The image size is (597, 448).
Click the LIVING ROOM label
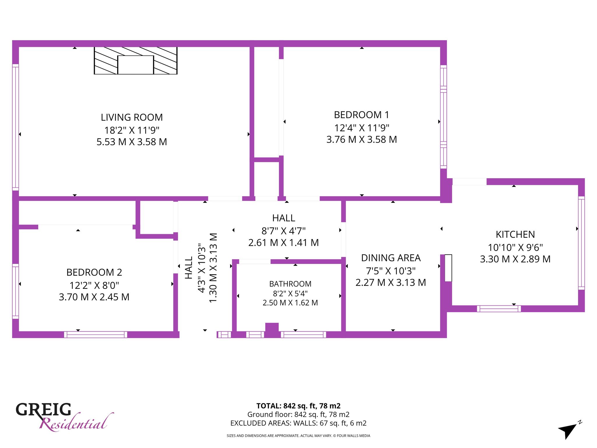(132, 117)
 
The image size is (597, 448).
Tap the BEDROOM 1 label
(361, 115)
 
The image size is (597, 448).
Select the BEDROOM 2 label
(94, 272)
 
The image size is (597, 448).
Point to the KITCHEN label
(515, 235)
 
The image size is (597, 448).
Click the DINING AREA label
(391, 258)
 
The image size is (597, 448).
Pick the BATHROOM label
(290, 284)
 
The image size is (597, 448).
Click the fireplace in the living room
(136, 61)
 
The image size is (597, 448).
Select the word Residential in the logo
(76, 422)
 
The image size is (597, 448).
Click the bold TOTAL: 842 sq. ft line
(298, 406)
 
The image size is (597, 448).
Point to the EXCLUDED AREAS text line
(298, 423)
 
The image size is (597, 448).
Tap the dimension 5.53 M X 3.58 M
(132, 142)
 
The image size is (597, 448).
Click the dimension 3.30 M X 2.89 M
(515, 259)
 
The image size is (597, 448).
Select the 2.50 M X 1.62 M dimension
(290, 303)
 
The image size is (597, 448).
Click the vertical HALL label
(189, 268)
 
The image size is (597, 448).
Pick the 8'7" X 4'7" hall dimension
(283, 231)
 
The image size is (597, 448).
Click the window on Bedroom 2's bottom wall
(96, 335)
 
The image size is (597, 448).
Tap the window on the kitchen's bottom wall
(499, 309)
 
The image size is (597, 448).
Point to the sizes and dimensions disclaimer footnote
(298, 436)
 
